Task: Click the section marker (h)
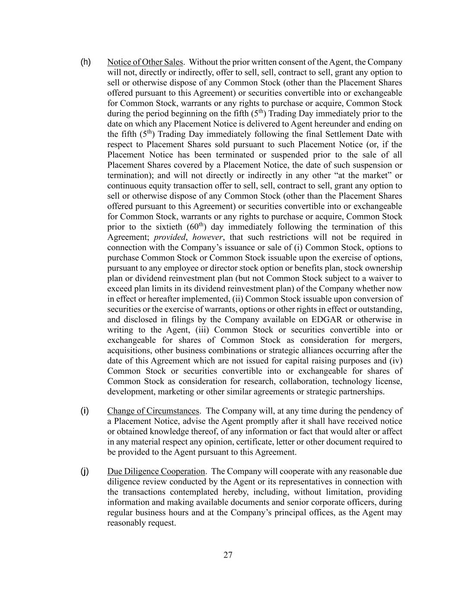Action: pos(86,62)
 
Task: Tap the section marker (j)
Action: pos(85,472)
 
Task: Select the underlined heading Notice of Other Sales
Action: pos(145,62)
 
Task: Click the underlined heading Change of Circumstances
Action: pos(153,411)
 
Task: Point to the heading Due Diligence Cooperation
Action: pos(156,472)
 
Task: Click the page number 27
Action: pos(228,555)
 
